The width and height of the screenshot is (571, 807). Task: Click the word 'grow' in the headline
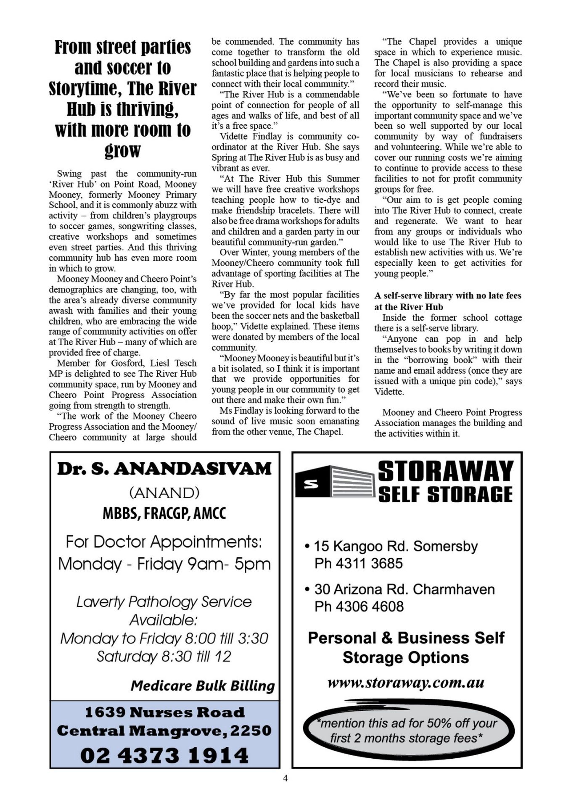(122, 150)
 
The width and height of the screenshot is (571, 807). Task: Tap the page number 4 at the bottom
(285, 778)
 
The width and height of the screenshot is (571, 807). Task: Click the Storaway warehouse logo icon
(334, 483)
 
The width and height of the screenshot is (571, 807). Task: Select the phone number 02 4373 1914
(164, 755)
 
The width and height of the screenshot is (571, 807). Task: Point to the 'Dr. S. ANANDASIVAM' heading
(164, 469)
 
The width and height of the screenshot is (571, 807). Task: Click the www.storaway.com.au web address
(406, 683)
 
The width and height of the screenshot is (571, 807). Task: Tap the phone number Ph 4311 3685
(359, 563)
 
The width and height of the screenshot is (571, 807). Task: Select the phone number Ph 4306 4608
(359, 606)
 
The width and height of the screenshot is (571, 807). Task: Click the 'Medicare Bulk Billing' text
(202, 686)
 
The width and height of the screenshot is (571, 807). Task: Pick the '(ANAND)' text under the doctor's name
(164, 492)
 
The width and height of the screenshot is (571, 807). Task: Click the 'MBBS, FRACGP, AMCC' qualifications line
(164, 513)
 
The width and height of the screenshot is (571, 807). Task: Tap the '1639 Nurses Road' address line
(164, 712)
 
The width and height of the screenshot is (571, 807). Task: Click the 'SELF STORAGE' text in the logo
(445, 494)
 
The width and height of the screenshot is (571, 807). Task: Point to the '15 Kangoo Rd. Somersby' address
(396, 546)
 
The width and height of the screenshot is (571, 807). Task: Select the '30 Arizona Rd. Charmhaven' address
(404, 589)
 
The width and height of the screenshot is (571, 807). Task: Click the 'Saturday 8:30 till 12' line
(164, 656)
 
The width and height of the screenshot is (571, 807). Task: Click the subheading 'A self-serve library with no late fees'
(448, 295)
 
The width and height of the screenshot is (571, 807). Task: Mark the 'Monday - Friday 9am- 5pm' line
(164, 564)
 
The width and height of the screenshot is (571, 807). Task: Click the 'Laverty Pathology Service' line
(164, 601)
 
